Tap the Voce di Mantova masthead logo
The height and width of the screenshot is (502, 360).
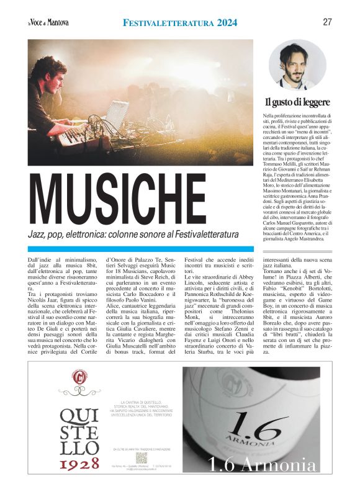point(48,23)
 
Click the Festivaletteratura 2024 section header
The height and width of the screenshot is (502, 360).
point(180,23)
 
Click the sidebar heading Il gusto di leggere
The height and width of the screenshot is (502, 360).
point(297,102)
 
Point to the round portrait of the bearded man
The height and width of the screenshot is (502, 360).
point(297,65)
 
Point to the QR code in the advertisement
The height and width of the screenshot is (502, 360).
point(142,458)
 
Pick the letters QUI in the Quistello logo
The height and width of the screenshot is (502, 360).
point(79,415)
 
